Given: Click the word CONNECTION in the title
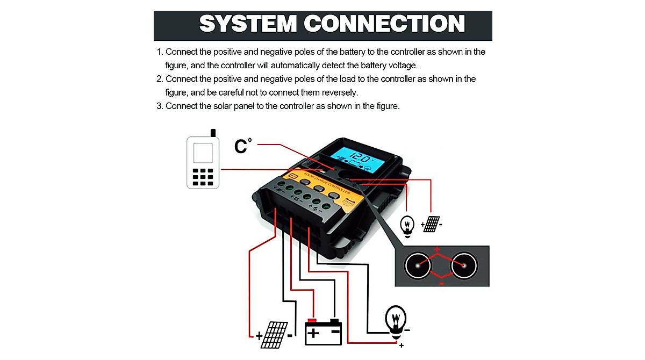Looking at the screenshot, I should click(384, 24).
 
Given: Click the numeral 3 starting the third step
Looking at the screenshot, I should click(159, 106).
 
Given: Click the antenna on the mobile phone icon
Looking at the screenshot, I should click(213, 133).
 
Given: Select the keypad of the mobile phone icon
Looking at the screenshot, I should click(203, 177).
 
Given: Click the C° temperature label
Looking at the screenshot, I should click(243, 146).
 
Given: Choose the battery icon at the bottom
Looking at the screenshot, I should click(323, 332).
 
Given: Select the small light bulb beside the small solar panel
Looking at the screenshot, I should click(408, 226).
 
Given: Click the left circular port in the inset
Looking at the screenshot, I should click(417, 265).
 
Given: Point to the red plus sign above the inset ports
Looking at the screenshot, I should click(437, 249).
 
